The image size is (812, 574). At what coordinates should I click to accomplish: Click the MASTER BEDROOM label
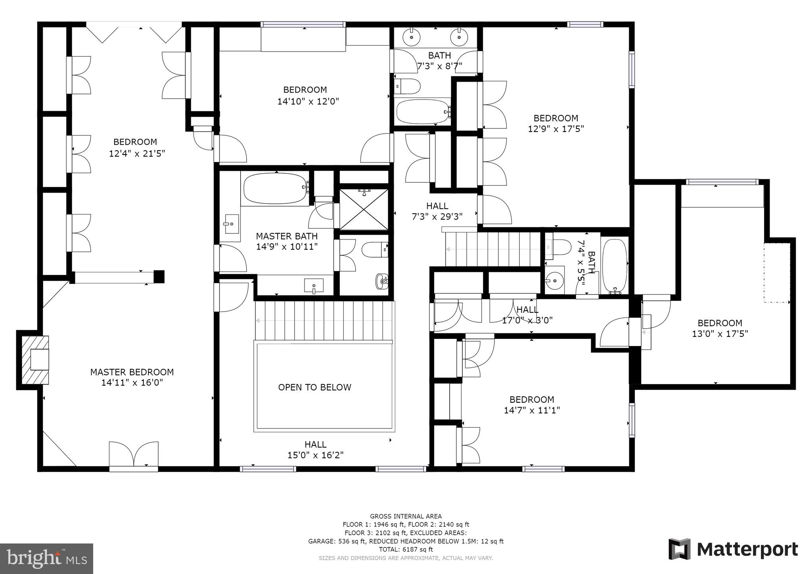(x=132, y=372)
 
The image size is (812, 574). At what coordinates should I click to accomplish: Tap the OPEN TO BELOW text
(x=314, y=387)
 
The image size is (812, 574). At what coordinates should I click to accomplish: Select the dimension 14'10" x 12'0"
(x=308, y=101)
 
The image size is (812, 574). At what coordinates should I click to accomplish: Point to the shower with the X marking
(x=364, y=209)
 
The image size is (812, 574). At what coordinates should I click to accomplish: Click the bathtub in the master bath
(x=276, y=188)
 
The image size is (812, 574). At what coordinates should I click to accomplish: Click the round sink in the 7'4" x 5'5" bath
(x=554, y=281)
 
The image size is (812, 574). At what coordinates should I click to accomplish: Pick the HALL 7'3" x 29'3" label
(x=437, y=211)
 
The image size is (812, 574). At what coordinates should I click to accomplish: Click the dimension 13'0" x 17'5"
(x=720, y=334)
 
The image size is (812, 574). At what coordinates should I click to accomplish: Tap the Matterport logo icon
(x=680, y=549)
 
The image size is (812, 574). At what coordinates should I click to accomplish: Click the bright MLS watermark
(x=47, y=559)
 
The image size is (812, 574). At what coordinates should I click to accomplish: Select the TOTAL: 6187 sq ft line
(x=406, y=549)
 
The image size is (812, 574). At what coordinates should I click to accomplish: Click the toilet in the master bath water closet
(x=374, y=250)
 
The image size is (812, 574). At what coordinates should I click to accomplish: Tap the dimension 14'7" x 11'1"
(x=531, y=410)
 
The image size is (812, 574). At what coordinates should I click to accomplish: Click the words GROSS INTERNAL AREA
(x=406, y=516)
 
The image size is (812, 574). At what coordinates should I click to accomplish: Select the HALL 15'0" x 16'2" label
(x=315, y=450)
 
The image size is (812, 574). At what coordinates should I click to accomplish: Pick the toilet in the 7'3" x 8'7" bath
(x=408, y=86)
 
